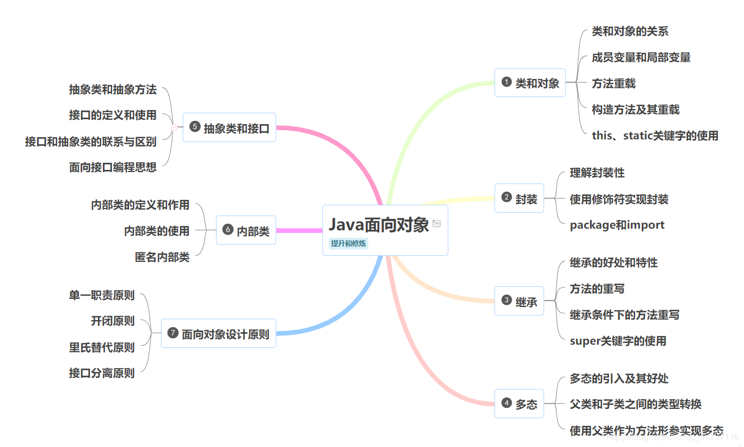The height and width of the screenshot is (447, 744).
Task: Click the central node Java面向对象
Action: (379, 225)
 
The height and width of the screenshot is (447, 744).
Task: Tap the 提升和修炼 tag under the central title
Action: (348, 243)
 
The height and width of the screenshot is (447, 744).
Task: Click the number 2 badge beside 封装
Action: (507, 198)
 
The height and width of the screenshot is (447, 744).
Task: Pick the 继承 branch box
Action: (519, 301)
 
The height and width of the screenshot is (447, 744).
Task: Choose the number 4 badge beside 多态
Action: (507, 403)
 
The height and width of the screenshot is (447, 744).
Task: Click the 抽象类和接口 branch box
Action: (230, 127)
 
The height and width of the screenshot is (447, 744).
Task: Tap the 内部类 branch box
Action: (246, 230)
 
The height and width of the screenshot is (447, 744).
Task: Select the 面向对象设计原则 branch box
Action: (219, 333)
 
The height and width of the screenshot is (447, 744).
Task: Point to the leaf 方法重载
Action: (613, 83)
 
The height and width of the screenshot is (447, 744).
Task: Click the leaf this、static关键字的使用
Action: (655, 136)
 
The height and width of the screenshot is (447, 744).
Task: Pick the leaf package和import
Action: (617, 225)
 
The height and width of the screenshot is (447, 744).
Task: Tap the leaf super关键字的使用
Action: (618, 341)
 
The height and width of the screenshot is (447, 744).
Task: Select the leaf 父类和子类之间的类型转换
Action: (635, 404)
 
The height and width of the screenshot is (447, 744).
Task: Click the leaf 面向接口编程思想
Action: (113, 167)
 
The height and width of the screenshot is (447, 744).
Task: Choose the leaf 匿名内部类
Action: (162, 257)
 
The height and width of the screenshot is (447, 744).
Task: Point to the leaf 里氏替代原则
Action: (102, 347)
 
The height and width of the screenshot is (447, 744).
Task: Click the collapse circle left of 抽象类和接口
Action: (174, 127)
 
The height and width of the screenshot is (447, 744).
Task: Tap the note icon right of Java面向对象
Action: (436, 223)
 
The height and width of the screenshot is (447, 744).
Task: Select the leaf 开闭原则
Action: (113, 321)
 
